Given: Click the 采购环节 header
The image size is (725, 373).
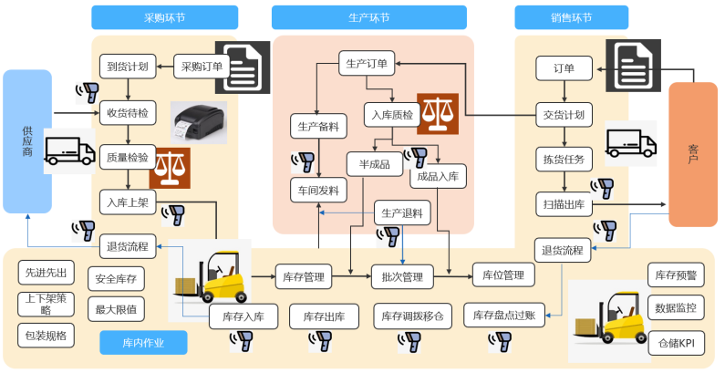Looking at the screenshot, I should [164, 17].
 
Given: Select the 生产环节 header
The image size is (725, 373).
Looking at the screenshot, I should [369, 17].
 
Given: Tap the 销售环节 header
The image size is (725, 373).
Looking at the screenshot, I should [571, 17].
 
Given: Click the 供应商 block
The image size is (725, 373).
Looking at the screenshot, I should [26, 141].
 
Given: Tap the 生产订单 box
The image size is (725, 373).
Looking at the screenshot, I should [368, 64].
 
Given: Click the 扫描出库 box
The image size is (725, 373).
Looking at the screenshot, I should [564, 204].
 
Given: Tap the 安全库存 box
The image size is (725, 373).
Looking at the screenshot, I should [115, 279].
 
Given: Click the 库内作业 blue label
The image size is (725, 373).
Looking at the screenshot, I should [142, 343].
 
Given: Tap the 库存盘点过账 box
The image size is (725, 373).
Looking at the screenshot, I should [505, 316].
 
